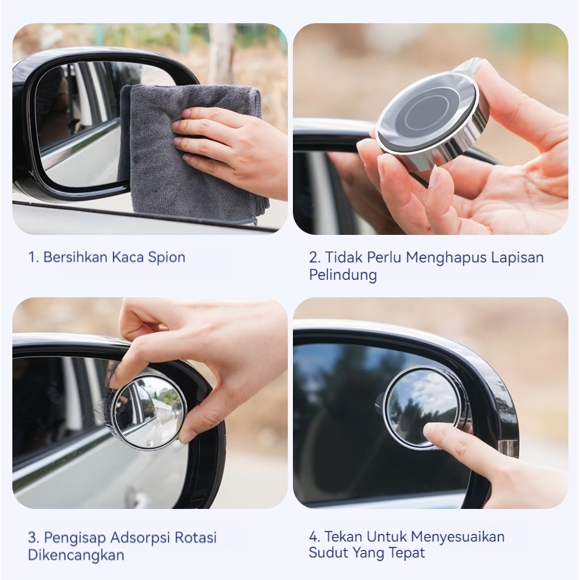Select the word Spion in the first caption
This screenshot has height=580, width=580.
[x=167, y=258]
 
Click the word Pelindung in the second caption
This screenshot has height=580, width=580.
[x=343, y=275]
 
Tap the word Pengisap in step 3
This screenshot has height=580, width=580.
[x=75, y=538]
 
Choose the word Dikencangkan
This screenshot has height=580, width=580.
[x=76, y=555]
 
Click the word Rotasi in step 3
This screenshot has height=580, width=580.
[x=195, y=537]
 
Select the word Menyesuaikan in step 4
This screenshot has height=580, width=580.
[x=457, y=537]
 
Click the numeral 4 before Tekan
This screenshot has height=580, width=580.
[x=313, y=536]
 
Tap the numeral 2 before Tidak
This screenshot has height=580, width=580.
[x=313, y=257]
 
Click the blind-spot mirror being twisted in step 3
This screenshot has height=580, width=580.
[x=148, y=411]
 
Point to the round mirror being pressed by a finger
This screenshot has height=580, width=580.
[x=426, y=407]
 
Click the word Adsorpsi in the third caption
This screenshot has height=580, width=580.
[x=140, y=538]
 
